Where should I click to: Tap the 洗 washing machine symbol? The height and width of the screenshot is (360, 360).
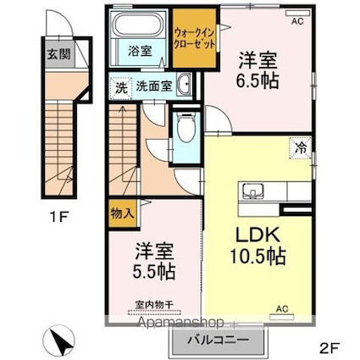120,86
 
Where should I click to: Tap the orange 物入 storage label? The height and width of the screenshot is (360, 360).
121,212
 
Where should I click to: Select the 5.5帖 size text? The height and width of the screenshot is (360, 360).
154,273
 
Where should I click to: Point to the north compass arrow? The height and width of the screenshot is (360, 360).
59,341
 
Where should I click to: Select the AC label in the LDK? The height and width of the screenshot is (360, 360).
281,309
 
